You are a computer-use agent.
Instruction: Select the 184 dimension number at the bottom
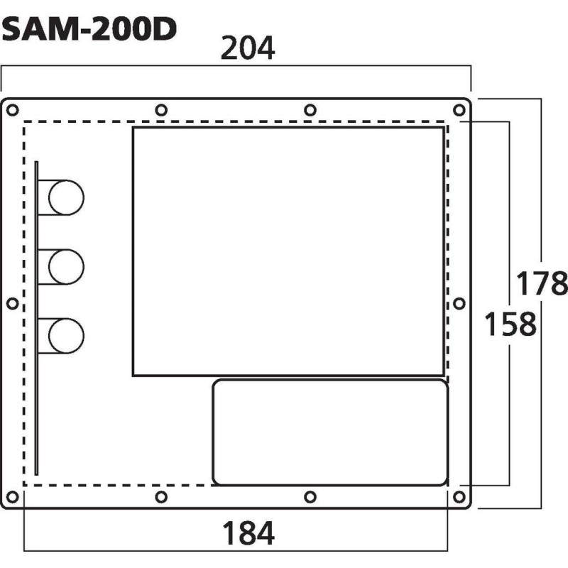(x=248, y=532)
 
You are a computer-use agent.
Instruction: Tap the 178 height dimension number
(x=542, y=283)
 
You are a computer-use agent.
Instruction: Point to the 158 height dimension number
(x=510, y=324)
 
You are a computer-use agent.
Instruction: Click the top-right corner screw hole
(x=459, y=109)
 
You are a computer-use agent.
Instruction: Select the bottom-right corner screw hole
(x=459, y=496)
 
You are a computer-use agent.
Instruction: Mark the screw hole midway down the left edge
(x=11, y=303)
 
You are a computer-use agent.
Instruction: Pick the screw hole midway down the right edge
(x=459, y=303)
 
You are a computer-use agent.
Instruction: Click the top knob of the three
(x=66, y=197)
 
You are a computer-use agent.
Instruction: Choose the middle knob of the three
(x=66, y=266)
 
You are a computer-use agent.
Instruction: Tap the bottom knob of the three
(x=66, y=336)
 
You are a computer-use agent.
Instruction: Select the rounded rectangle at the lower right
(x=330, y=432)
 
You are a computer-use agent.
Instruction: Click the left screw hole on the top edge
(x=161, y=109)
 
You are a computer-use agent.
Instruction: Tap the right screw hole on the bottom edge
(x=310, y=496)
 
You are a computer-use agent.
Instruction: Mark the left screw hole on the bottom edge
(x=161, y=496)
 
